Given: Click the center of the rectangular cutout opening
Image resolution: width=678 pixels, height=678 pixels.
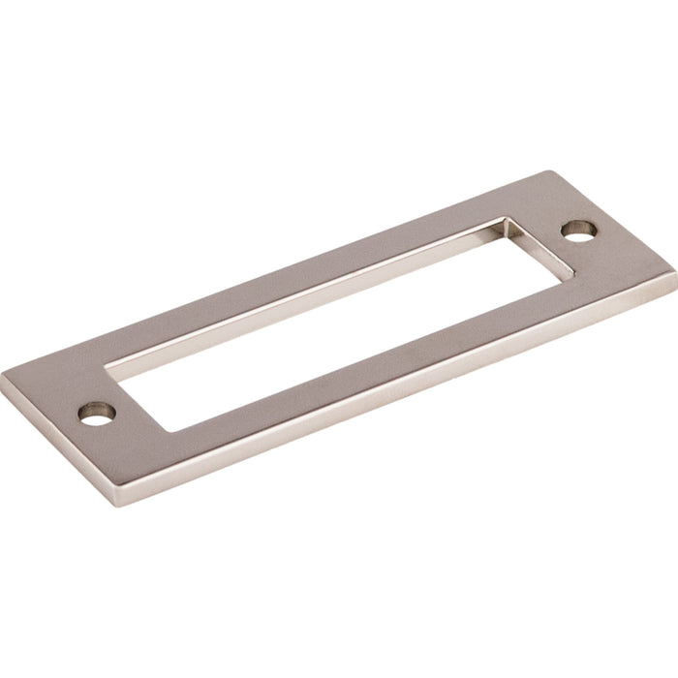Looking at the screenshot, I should tap(334, 309).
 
